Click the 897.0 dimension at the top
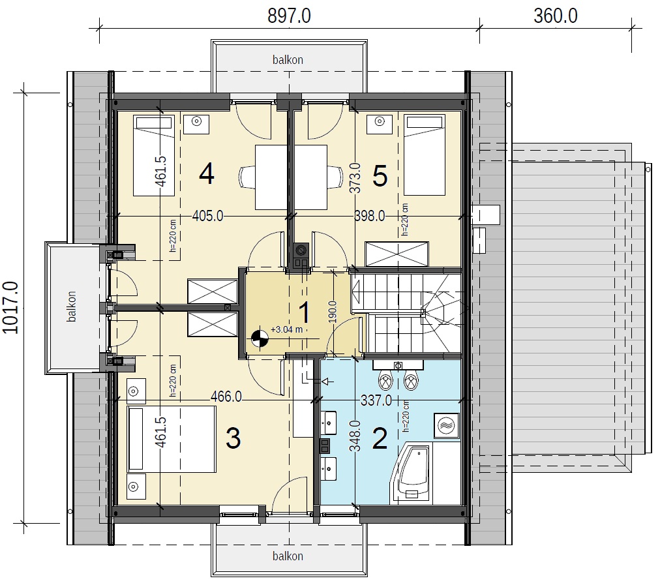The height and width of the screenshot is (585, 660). pos(289,16)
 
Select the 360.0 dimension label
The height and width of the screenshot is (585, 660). pos(556,16)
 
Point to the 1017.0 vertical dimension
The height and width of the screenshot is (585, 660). pos(10,308)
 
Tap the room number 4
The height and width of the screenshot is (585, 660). pos(206,174)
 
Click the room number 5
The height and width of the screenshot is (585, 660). pos(380,176)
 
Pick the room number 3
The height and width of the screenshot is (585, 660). pos(233,438)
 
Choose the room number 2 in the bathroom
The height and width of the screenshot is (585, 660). pos(380,438)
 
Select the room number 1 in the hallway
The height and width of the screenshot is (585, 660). pos(304,312)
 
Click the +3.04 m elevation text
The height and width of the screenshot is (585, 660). pos(287,329)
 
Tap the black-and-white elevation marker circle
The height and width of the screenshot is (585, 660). pos(260,338)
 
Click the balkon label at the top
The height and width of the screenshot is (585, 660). pos(288,60)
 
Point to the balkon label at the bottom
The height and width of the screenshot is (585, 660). pos(288,556)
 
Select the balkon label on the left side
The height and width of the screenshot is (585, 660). pos(71,307)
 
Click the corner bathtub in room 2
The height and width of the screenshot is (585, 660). pos(410,473)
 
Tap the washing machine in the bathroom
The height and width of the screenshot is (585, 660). pos(447,425)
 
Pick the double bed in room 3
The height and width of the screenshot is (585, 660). pos(171,438)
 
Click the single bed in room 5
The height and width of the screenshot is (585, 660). pos(425,155)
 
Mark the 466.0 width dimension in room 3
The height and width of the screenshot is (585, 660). pos(226,397)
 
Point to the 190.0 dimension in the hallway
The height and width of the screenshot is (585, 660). pos(333,312)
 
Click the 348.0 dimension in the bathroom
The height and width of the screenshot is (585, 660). pos(355,436)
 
